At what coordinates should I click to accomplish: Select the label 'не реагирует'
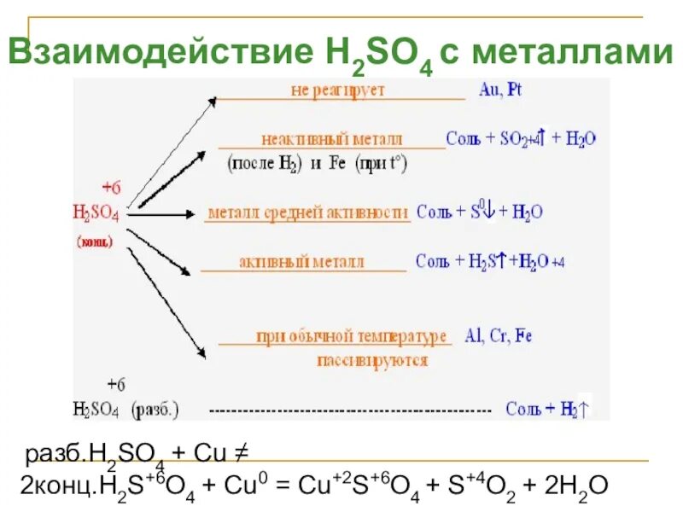point(338,90)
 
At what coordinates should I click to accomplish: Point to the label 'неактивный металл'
point(332,139)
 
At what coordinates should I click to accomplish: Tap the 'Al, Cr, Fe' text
point(499,335)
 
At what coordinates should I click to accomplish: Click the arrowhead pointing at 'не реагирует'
point(211,101)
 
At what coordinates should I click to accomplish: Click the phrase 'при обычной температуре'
point(352,336)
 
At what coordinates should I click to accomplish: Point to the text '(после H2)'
point(260,164)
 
